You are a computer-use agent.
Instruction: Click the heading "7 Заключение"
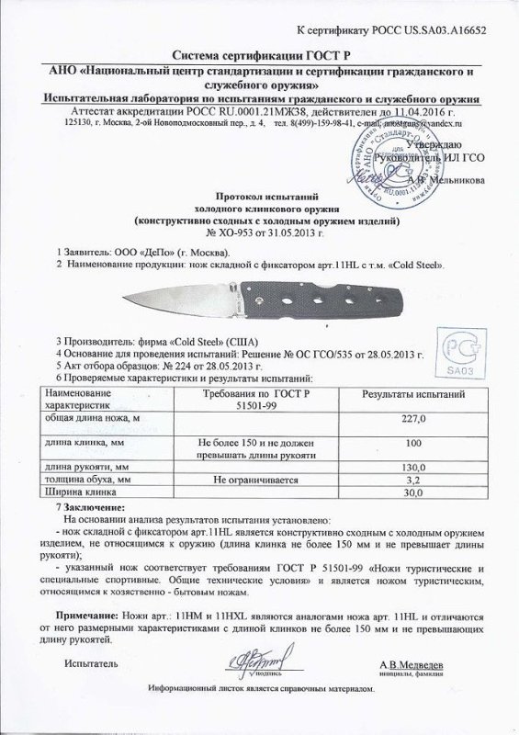click(89, 506)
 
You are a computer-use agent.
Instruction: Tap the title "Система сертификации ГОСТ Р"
click(259, 55)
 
